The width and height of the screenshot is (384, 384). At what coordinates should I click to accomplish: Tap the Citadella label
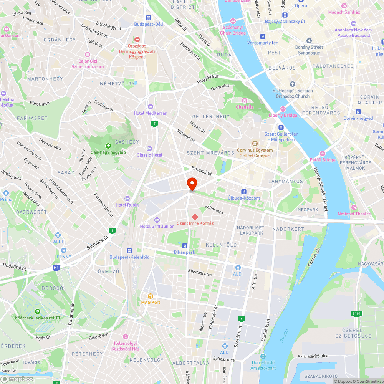click(x=245, y=107)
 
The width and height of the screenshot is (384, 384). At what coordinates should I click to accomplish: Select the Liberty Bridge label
click(x=283, y=115)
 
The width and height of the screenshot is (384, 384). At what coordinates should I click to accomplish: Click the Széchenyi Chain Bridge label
click(x=233, y=30)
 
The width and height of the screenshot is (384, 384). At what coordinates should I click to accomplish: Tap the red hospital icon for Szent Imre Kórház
click(x=195, y=217)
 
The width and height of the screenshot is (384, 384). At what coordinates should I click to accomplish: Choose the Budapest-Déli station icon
click(x=149, y=18)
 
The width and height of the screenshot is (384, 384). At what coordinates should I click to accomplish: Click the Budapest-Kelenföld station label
click(x=129, y=257)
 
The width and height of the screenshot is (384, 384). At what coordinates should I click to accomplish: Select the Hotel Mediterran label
click(x=151, y=113)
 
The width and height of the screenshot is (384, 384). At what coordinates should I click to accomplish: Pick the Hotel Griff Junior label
click(x=157, y=226)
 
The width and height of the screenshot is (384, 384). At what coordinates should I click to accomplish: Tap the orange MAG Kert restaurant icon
click(x=151, y=296)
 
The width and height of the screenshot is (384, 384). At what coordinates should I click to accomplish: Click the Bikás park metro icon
click(x=185, y=246)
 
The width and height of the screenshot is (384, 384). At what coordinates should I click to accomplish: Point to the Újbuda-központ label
click(x=244, y=198)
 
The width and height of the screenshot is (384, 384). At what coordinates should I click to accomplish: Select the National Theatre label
click(x=354, y=214)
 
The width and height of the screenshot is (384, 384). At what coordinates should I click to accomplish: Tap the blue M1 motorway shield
click(x=56, y=267)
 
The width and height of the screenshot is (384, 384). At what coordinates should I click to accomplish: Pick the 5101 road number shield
click(x=357, y=314)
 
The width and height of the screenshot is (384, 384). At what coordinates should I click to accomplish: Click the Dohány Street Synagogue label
click(x=309, y=50)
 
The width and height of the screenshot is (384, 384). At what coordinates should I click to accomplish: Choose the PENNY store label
click(x=64, y=257)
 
